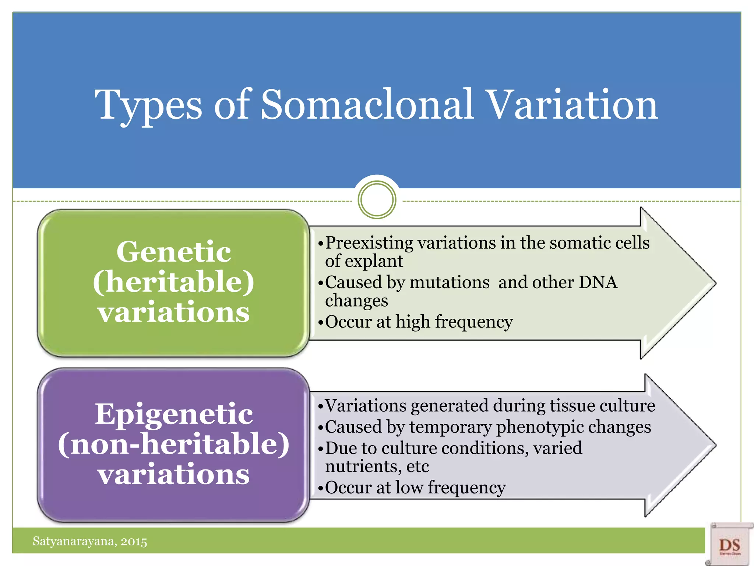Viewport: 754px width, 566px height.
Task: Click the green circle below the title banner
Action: click(377, 200)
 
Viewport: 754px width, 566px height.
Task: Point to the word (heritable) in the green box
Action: click(174, 282)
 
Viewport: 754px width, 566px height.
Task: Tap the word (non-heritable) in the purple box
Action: click(174, 444)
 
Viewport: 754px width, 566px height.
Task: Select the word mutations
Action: click(450, 283)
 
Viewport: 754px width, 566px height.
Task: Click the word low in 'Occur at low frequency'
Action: click(409, 488)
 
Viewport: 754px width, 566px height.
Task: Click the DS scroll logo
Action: click(729, 544)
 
